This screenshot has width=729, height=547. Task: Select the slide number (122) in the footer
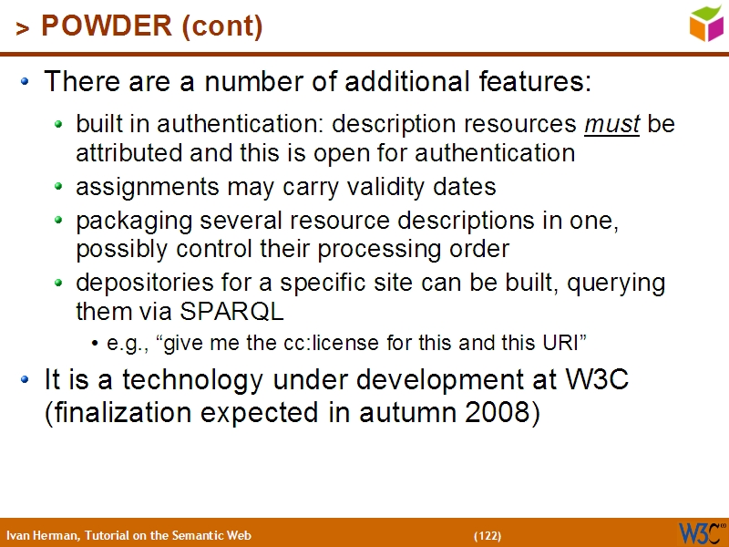pyautogui.click(x=487, y=535)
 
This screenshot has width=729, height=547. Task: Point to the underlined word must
pyautogui.click(x=611, y=124)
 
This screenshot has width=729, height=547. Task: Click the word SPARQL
pyautogui.click(x=232, y=311)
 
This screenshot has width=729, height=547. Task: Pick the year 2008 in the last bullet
pyautogui.click(x=497, y=412)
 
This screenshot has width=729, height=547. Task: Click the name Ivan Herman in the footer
pyautogui.click(x=42, y=535)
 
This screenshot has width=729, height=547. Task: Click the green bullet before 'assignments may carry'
pyautogui.click(x=59, y=187)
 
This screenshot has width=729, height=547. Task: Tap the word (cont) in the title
pyautogui.click(x=223, y=26)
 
